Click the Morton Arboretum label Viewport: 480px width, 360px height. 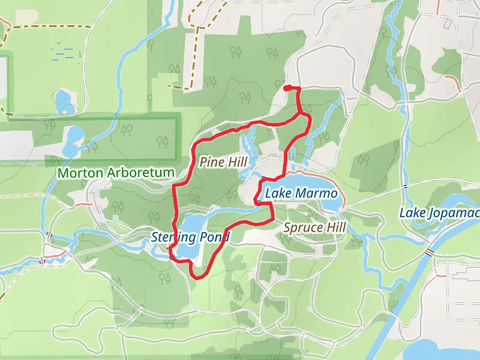(x=116, y=173)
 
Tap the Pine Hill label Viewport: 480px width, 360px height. (x=223, y=162)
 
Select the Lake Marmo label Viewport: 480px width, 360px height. (x=301, y=194)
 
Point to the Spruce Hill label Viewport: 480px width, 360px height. (x=314, y=227)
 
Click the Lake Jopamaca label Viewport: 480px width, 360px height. (x=440, y=213)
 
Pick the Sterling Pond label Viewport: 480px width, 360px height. (x=190, y=238)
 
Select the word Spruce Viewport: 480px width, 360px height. (x=302, y=228)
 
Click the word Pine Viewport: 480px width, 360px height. (x=211, y=162)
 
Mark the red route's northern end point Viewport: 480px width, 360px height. (x=286, y=89)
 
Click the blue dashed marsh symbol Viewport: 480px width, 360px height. (x=65, y=52)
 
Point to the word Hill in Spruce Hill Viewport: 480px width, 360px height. (x=335, y=227)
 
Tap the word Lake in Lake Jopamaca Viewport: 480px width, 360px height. (x=412, y=213)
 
